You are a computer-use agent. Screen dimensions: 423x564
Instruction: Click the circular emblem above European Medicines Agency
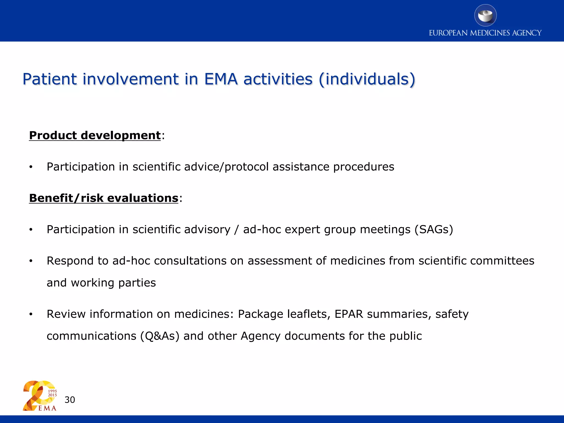485,15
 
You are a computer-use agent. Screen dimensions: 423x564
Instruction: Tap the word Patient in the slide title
50,79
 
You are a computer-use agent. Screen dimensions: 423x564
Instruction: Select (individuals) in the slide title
367,79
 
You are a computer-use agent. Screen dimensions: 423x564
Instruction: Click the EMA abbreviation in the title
221,79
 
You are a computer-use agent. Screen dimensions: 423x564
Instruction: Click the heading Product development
95,135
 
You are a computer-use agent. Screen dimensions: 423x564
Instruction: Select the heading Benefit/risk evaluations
104,198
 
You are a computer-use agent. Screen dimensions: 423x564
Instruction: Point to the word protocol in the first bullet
246,167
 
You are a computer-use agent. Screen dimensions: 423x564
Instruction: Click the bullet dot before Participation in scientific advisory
31,230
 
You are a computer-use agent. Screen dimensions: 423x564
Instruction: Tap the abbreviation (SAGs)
434,230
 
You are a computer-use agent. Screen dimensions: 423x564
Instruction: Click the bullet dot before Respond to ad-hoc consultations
31,261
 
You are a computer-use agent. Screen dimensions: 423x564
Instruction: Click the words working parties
113,283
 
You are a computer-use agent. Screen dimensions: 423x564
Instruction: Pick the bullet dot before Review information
31,314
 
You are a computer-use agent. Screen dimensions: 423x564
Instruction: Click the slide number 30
70,400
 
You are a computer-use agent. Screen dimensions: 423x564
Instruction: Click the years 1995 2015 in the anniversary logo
52,393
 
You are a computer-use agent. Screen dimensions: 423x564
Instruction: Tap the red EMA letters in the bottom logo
47,408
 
